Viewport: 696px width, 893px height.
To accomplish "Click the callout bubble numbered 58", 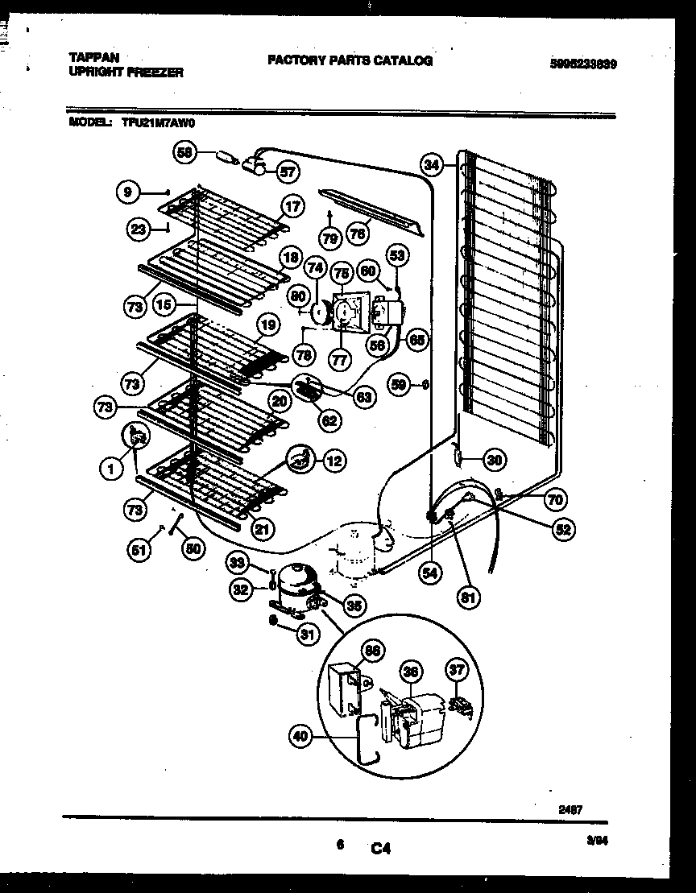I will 186,151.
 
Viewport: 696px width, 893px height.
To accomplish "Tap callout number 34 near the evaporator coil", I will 433,166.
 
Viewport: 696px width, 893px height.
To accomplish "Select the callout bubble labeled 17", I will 292,207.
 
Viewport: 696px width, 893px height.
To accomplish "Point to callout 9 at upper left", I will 126,192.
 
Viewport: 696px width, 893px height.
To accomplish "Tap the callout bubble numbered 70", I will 554,499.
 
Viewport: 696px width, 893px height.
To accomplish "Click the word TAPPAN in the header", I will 93,58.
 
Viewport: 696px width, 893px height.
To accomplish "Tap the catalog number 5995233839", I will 584,64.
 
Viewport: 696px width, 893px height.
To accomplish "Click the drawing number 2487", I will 573,809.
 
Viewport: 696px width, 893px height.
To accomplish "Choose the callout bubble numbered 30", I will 494,461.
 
